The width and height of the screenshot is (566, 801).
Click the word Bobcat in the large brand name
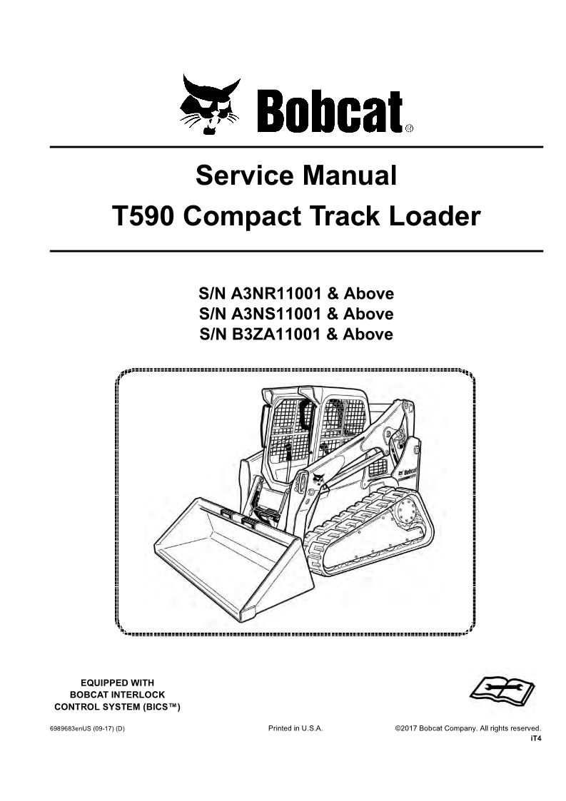330,111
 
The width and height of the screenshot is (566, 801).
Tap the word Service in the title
244,175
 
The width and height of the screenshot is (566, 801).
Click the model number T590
143,216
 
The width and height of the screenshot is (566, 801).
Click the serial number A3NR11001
277,294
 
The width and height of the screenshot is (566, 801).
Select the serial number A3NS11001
277,314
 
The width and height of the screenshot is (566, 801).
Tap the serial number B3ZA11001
277,334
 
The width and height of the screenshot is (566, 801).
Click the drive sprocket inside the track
408,512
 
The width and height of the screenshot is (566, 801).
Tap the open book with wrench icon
502,690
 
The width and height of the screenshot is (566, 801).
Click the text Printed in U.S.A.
295,728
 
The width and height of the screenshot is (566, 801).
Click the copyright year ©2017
406,728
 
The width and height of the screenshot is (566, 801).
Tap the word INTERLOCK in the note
138,695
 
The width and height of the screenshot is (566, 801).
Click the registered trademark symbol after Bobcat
409,128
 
